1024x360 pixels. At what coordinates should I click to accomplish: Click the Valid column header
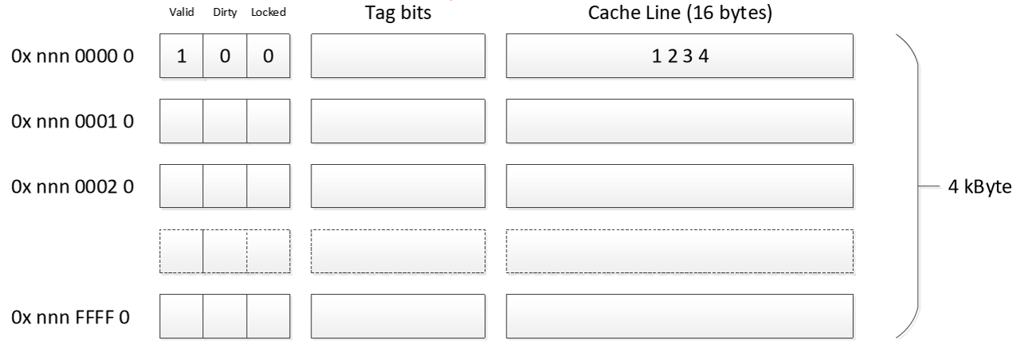pyautogui.click(x=180, y=14)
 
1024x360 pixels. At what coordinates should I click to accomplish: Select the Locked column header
pyautogui.click(x=268, y=14)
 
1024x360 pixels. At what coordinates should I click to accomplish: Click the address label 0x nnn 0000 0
pyautogui.click(x=72, y=57)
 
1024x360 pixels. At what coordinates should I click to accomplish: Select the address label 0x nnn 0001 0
pyautogui.click(x=72, y=122)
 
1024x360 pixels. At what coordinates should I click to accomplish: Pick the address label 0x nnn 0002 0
pyautogui.click(x=72, y=187)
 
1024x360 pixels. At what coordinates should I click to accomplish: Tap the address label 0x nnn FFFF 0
pyautogui.click(x=72, y=318)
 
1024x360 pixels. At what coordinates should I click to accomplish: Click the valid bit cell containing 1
pyautogui.click(x=182, y=57)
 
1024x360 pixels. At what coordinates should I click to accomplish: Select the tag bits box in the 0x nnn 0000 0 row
pyautogui.click(x=398, y=57)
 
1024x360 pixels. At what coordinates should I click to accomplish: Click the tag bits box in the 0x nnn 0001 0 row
pyautogui.click(x=398, y=122)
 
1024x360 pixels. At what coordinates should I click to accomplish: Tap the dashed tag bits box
pyautogui.click(x=398, y=252)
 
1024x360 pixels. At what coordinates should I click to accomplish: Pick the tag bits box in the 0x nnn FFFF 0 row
pyautogui.click(x=398, y=317)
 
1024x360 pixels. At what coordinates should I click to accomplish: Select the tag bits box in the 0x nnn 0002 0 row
pyautogui.click(x=398, y=186)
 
